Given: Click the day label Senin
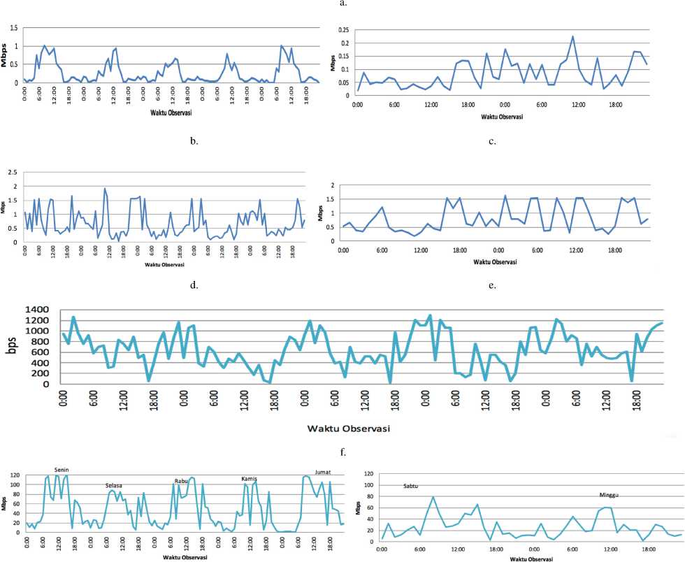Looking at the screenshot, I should [62, 469].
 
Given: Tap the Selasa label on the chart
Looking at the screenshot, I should [114, 485].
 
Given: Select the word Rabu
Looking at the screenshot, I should [182, 480].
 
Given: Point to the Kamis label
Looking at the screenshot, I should [250, 478].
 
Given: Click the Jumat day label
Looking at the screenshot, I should [324, 472].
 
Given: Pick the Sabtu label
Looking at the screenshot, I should [412, 486].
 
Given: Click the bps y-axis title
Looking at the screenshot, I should [13, 347].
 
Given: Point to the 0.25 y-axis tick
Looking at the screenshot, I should [342, 30].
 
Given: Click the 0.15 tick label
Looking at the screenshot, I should [342, 57].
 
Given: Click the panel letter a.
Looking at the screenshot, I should [342, 3].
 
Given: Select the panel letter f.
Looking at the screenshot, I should [342, 451].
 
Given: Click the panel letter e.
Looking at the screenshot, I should [493, 286].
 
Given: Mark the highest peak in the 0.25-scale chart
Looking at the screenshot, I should [572, 36].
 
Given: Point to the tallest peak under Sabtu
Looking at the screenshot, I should [433, 497].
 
